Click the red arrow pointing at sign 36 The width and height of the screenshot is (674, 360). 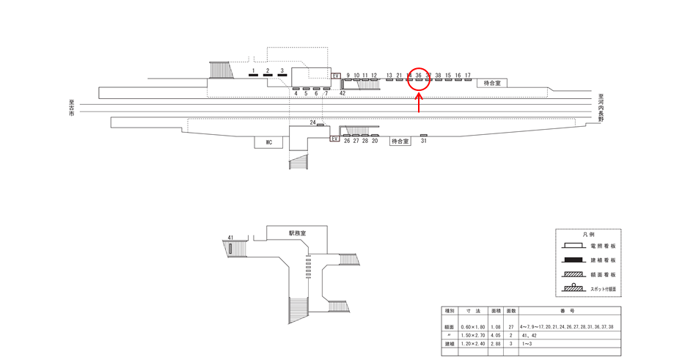click(x=419, y=103)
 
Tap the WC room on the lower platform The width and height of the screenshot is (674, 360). click(x=268, y=142)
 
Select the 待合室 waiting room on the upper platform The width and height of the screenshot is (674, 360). click(x=491, y=83)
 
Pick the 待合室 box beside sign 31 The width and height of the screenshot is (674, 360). click(x=399, y=141)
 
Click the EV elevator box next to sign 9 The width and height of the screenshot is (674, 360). click(x=337, y=76)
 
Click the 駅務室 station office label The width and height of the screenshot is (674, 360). click(x=297, y=232)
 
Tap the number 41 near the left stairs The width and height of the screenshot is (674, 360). click(x=230, y=238)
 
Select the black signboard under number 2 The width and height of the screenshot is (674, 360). click(x=268, y=76)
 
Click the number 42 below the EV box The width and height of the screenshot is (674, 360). click(x=343, y=93)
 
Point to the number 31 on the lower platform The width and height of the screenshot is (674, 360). click(x=423, y=141)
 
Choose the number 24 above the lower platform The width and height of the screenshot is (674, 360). click(x=312, y=122)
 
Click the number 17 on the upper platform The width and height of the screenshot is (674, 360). click(x=467, y=75)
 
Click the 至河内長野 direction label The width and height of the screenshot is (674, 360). click(x=600, y=109)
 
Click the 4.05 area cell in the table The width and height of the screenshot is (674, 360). click(x=496, y=334)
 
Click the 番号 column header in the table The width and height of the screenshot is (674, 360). click(x=569, y=311)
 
